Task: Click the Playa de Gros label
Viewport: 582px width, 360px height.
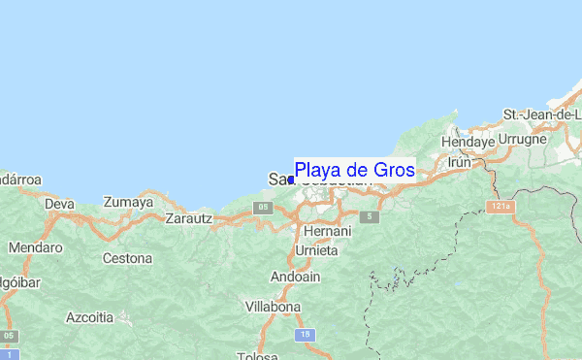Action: click(354, 170)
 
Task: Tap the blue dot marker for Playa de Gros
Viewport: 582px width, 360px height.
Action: click(291, 180)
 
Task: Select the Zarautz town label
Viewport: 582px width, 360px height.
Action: click(188, 218)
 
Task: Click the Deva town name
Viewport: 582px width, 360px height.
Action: click(59, 205)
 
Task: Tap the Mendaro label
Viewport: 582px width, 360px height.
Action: click(35, 247)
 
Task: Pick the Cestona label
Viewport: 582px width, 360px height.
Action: click(128, 259)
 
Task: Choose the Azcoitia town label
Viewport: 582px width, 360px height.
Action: click(89, 317)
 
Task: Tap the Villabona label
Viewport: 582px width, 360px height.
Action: click(272, 307)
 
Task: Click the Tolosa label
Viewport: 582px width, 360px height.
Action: click(258, 355)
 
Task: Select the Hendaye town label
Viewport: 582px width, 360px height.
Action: click(468, 142)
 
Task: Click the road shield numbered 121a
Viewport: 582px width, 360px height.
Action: click(500, 207)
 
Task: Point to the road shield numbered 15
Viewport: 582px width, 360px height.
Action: click(307, 335)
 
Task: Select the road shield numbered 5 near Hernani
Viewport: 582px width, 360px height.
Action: click(369, 216)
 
